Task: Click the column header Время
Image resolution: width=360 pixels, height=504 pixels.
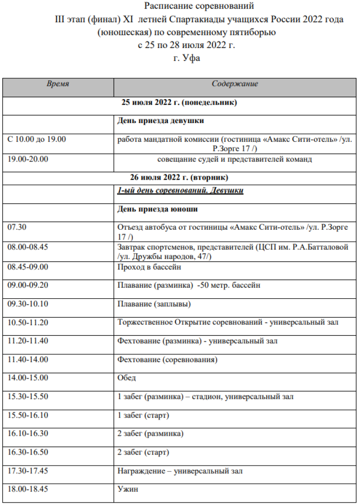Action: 58,84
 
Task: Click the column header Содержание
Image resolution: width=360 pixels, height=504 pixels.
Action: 235,84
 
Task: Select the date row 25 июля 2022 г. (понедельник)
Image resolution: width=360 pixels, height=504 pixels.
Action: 180,102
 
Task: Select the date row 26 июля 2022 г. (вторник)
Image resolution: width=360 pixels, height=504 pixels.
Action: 180,177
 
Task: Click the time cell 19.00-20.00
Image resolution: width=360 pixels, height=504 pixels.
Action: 28,159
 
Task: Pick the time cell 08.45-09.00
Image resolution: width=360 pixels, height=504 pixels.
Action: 28,267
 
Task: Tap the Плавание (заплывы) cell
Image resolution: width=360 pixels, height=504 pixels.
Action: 154,304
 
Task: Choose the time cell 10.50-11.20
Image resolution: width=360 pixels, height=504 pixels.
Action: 28,322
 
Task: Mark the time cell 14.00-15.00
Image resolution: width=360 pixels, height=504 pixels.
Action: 28,378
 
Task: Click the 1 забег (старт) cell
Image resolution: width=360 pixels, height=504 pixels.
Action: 143,415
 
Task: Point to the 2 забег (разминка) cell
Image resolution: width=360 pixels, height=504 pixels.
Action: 150,433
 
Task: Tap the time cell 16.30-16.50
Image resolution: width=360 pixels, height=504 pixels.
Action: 28,452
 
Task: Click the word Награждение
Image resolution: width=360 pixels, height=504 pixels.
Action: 140,471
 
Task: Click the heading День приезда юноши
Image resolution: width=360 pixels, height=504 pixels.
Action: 157,209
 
